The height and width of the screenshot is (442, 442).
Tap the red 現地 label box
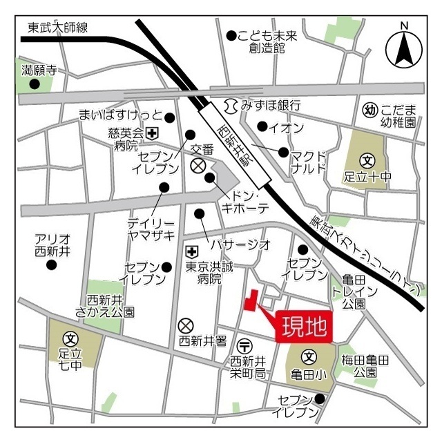304,327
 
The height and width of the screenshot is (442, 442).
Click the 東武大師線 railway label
58,28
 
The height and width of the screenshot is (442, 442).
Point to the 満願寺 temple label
38,70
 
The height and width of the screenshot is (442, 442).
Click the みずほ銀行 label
270,106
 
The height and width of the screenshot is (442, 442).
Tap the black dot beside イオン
262,126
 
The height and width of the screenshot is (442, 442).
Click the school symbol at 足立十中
368,160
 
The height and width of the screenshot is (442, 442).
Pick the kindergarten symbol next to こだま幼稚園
369,110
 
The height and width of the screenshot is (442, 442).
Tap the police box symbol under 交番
198,165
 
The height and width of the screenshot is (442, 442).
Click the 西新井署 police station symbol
185,325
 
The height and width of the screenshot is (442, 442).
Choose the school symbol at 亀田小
309,358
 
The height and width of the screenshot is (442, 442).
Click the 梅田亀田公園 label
365,365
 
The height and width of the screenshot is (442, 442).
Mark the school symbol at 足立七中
70,339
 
